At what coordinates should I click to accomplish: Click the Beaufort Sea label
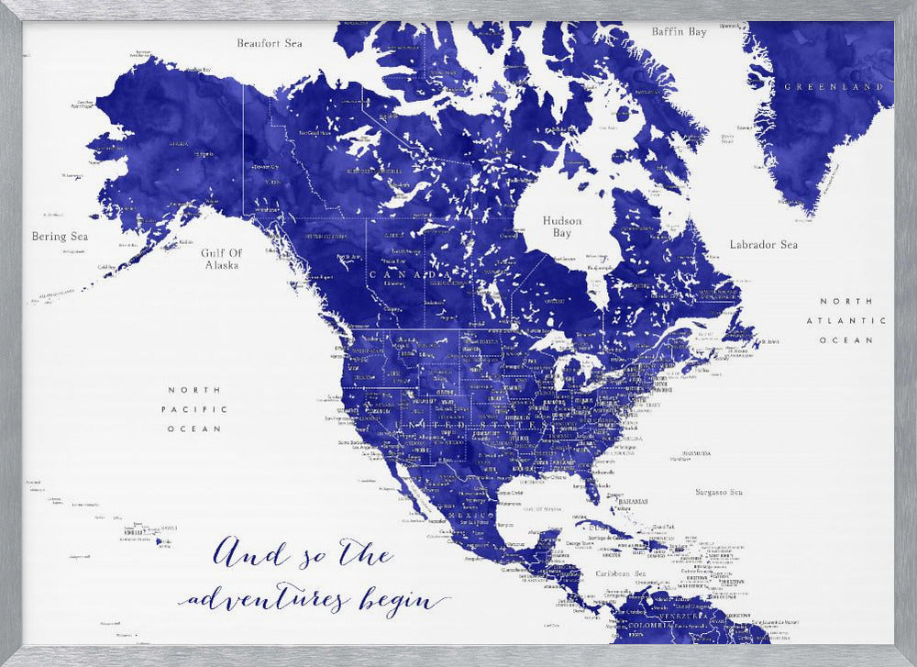click(270, 43)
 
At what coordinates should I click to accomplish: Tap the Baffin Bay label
click(679, 32)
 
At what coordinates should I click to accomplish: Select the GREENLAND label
click(833, 86)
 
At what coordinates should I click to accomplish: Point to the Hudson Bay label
click(562, 228)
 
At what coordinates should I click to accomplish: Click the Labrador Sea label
click(764, 245)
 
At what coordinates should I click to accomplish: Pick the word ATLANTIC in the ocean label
click(845, 321)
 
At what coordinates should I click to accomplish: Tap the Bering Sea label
click(61, 237)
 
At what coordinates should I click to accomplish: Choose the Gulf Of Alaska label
click(222, 259)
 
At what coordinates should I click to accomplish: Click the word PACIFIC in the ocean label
click(194, 409)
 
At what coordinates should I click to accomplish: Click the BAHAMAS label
click(632, 502)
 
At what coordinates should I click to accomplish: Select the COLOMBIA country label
click(650, 626)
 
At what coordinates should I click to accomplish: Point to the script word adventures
click(266, 601)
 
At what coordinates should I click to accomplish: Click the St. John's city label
click(770, 343)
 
